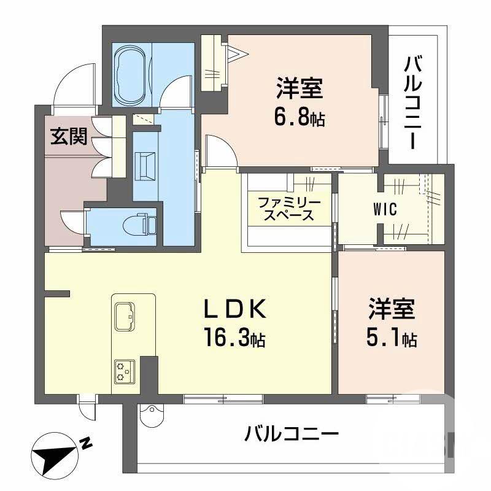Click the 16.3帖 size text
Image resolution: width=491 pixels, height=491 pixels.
235,337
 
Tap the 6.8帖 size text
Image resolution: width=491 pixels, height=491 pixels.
299,117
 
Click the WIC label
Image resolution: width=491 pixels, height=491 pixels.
385,209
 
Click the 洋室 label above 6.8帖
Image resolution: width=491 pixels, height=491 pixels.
299,90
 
